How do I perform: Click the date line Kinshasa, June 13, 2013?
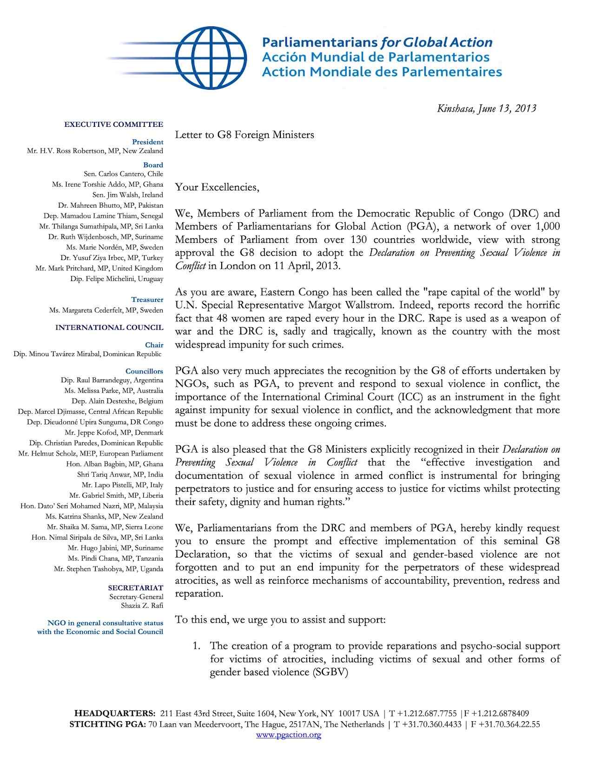(x=487, y=109)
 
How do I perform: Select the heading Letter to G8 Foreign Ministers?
(x=245, y=135)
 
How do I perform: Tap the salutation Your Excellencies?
(x=217, y=187)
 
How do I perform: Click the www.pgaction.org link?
(x=289, y=734)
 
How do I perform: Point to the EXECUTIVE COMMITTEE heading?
(x=113, y=124)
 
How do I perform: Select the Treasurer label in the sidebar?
(x=147, y=300)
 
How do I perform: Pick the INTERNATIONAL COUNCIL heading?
(x=109, y=327)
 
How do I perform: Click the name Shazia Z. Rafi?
(x=142, y=605)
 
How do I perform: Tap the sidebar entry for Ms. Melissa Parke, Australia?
(x=114, y=391)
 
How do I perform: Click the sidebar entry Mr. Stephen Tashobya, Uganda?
(x=108, y=569)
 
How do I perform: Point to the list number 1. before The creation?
(x=197, y=646)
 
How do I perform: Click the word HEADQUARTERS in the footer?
(x=115, y=713)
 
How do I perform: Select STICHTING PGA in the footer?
(x=107, y=724)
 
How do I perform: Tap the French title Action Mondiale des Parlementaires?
(x=381, y=72)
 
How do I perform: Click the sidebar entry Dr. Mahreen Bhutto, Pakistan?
(x=111, y=205)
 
